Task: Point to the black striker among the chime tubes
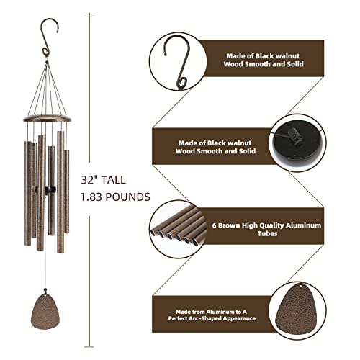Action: [48, 189]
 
